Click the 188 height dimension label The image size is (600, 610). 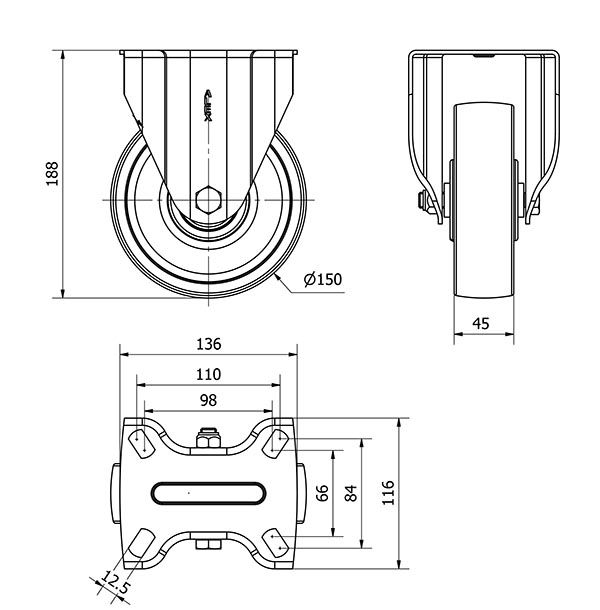[52, 174]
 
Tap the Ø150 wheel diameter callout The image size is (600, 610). [323, 279]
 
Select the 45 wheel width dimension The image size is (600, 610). [481, 323]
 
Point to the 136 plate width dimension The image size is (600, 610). [209, 344]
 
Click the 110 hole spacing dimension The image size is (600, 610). [209, 374]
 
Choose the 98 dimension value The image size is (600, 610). [209, 400]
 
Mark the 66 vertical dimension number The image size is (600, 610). [322, 493]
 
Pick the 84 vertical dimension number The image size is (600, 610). [351, 493]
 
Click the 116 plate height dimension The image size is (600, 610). [388, 493]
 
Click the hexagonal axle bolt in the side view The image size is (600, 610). [209, 200]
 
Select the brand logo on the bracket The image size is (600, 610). [209, 105]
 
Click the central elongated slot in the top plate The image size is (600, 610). [209, 493]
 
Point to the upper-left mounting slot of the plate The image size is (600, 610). [141, 443]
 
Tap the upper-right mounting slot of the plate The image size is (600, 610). [275, 443]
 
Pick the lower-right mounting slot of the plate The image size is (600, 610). [275, 543]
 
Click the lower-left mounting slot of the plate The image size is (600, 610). [142, 543]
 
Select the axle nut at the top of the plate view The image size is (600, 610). [209, 438]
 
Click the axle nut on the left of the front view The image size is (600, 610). [422, 202]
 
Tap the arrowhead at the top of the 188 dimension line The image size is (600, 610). [63, 55]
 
